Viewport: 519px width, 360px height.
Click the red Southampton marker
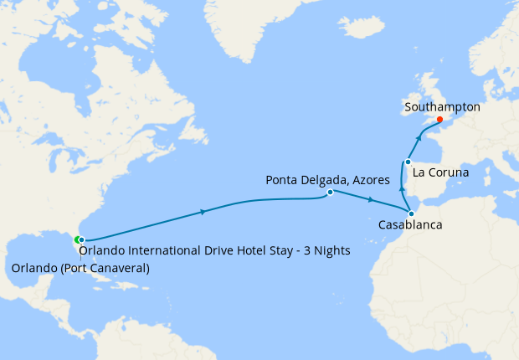pyautogui.click(x=440, y=119)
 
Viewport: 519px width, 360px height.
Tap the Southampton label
pyautogui.click(x=442, y=107)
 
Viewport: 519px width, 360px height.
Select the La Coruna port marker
pyautogui.click(x=408, y=162)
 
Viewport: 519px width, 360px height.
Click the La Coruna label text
pyautogui.click(x=440, y=172)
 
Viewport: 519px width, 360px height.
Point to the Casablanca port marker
pyautogui.click(x=410, y=213)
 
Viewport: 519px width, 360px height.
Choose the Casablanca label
pyautogui.click(x=410, y=225)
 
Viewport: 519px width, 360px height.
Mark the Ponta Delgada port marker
pyautogui.click(x=330, y=193)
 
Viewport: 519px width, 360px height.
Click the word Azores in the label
pyautogui.click(x=363, y=180)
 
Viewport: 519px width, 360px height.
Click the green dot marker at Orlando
pyautogui.click(x=77, y=240)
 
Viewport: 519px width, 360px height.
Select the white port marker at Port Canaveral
pyautogui.click(x=82, y=240)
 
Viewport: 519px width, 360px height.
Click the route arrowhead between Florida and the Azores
pyautogui.click(x=204, y=212)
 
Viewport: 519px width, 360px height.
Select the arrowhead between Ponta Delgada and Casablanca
pyautogui.click(x=371, y=201)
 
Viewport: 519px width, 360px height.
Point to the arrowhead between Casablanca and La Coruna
pyautogui.click(x=403, y=189)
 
